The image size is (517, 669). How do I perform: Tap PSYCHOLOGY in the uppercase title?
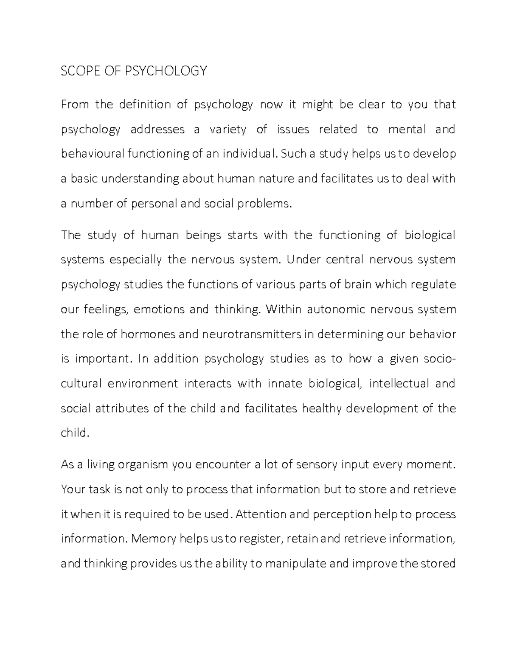point(166,71)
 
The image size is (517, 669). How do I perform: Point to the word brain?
point(359,285)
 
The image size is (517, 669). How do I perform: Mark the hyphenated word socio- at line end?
point(439,359)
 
